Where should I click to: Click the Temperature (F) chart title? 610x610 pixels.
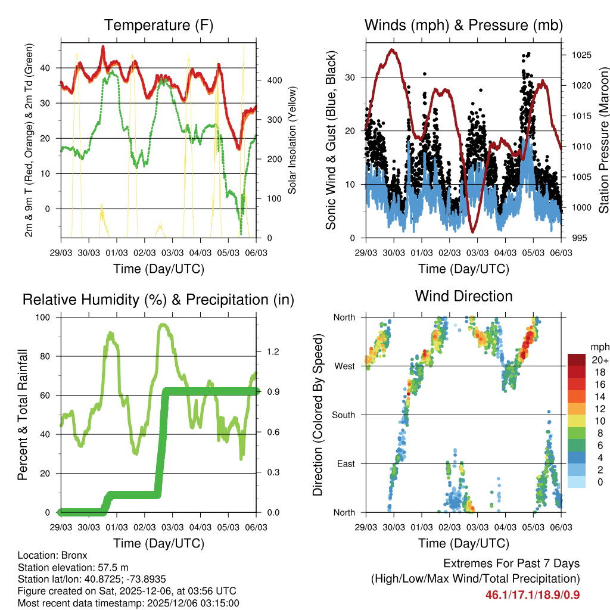click(158, 26)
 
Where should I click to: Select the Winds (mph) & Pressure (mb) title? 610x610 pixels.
click(463, 26)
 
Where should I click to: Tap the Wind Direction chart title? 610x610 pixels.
click(463, 296)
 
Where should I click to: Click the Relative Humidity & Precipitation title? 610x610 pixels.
click(158, 300)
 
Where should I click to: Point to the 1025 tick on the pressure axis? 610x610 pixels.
click(578, 55)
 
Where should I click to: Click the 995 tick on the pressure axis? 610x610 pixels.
click(575, 238)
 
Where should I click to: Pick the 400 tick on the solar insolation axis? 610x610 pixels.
click(270, 80)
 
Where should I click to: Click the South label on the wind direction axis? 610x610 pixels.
click(343, 415)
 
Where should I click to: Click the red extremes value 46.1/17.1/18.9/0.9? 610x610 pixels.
click(533, 595)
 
